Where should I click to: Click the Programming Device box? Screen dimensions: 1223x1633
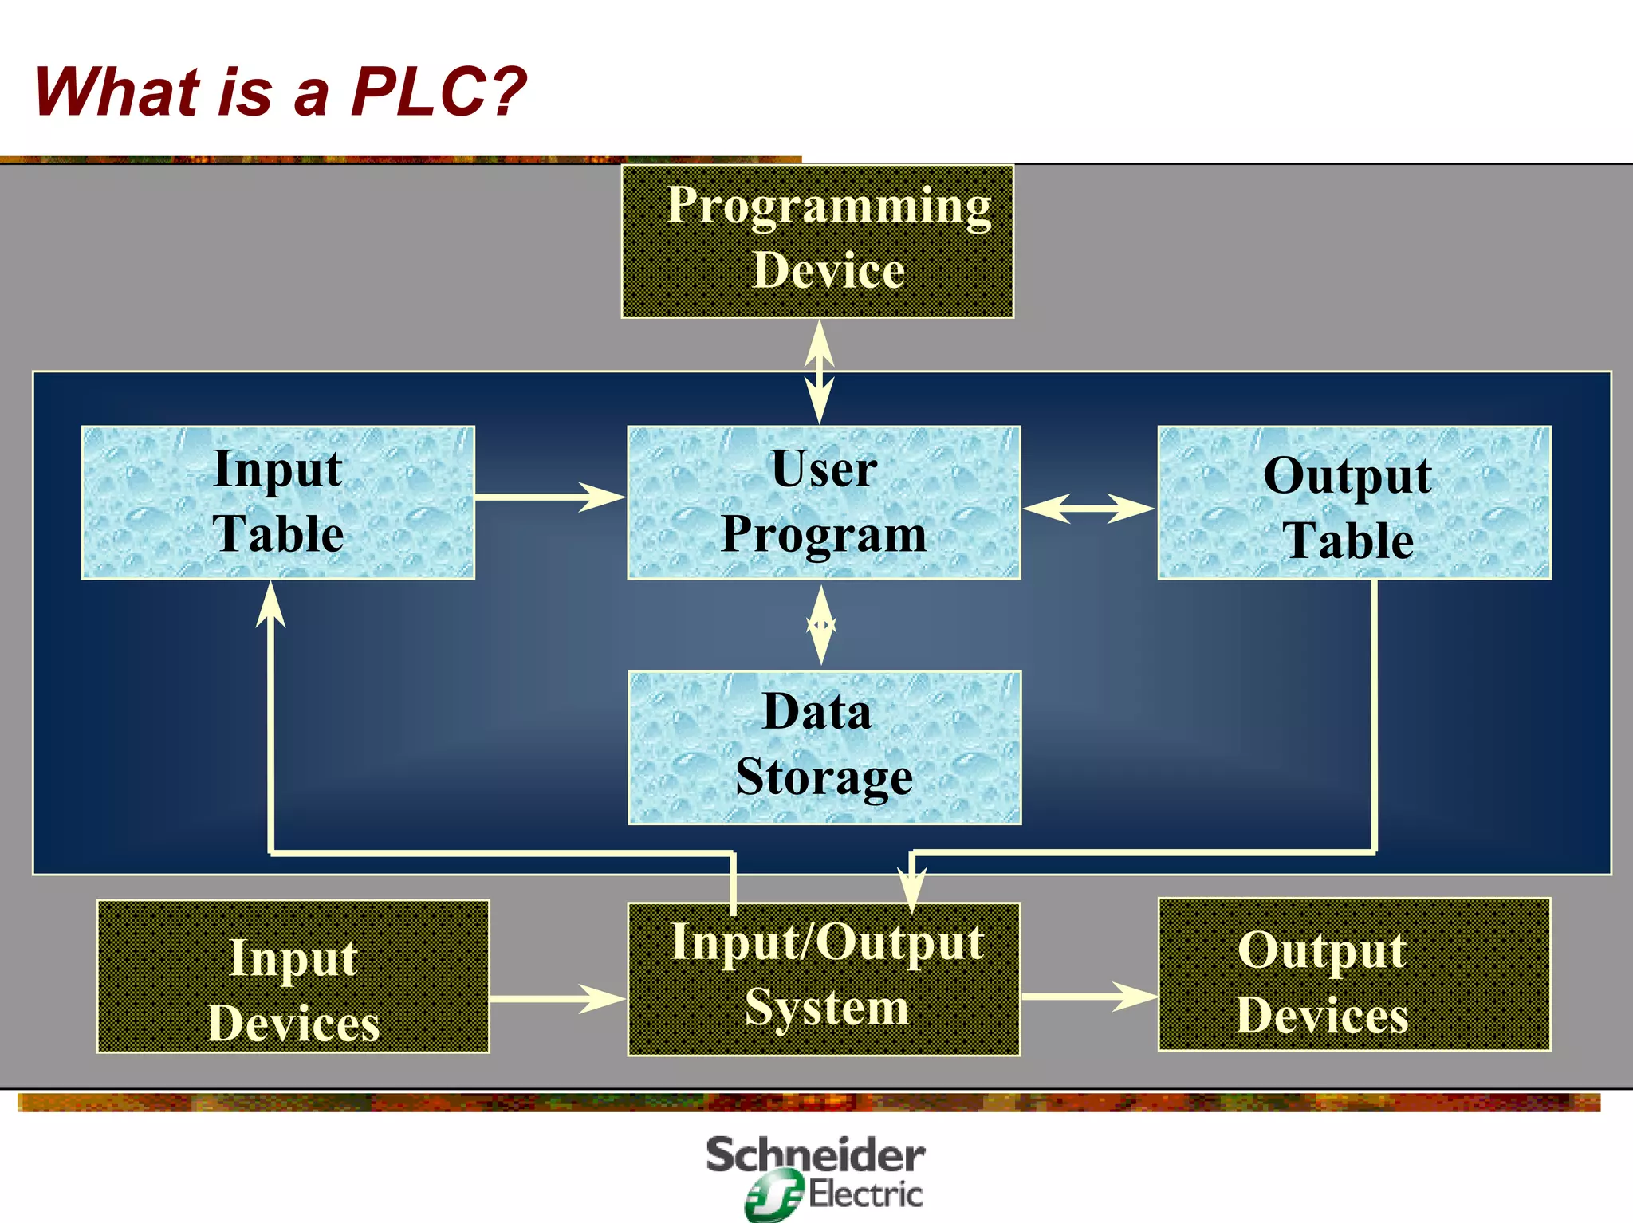click(x=817, y=241)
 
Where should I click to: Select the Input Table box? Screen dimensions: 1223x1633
click(x=278, y=502)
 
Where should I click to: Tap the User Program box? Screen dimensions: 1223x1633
click(x=824, y=502)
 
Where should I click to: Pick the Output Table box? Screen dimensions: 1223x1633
click(x=1354, y=502)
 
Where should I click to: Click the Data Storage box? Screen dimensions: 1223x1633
click(x=824, y=747)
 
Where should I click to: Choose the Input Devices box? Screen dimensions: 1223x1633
click(x=293, y=977)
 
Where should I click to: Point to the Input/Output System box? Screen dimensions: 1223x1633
click(x=824, y=979)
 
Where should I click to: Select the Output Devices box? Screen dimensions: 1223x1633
click(x=1354, y=975)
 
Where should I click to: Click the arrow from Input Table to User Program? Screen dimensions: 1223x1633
click(x=550, y=497)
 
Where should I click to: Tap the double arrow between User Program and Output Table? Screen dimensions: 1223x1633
click(x=1088, y=508)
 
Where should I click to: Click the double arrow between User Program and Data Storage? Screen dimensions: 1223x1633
click(x=821, y=625)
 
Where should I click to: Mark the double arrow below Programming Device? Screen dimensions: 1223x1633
click(x=819, y=372)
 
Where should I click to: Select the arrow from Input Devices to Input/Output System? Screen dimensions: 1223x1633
click(x=557, y=998)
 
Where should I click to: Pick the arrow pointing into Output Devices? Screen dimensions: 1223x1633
click(x=1089, y=996)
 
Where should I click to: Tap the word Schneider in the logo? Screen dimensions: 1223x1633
click(x=815, y=1155)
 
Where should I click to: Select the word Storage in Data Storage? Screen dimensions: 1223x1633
click(x=824, y=777)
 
